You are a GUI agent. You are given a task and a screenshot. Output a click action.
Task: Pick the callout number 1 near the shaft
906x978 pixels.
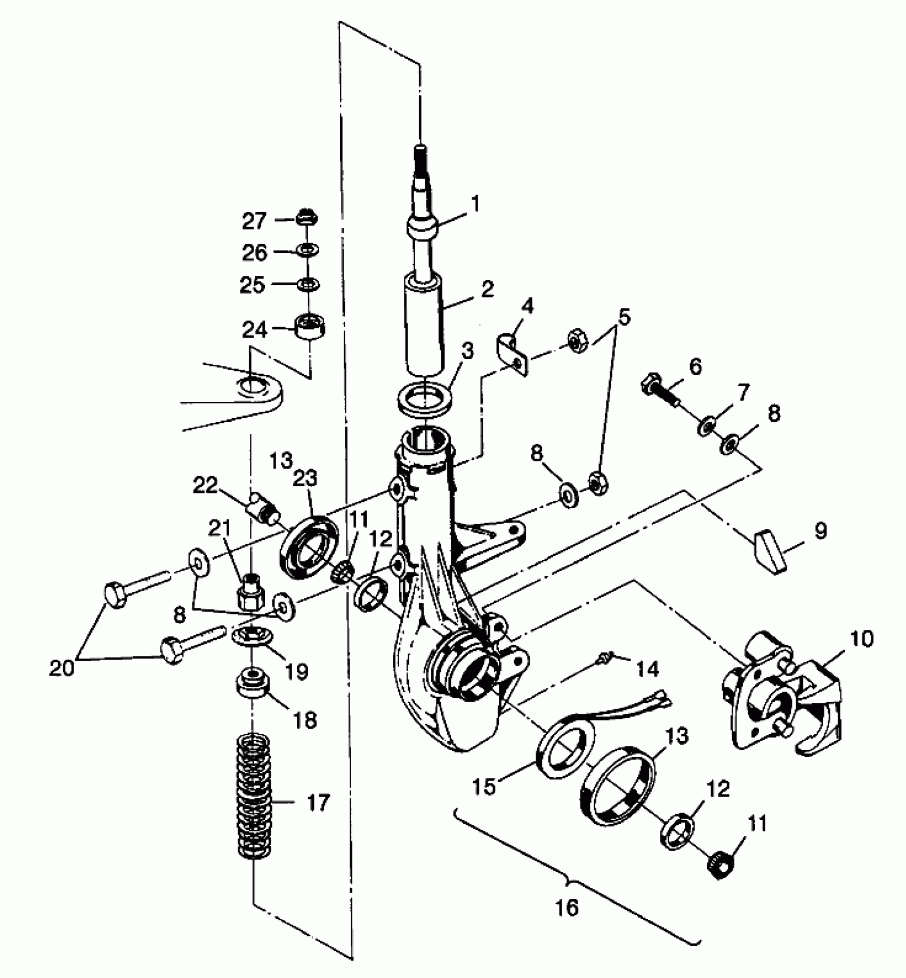coord(474,204)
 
